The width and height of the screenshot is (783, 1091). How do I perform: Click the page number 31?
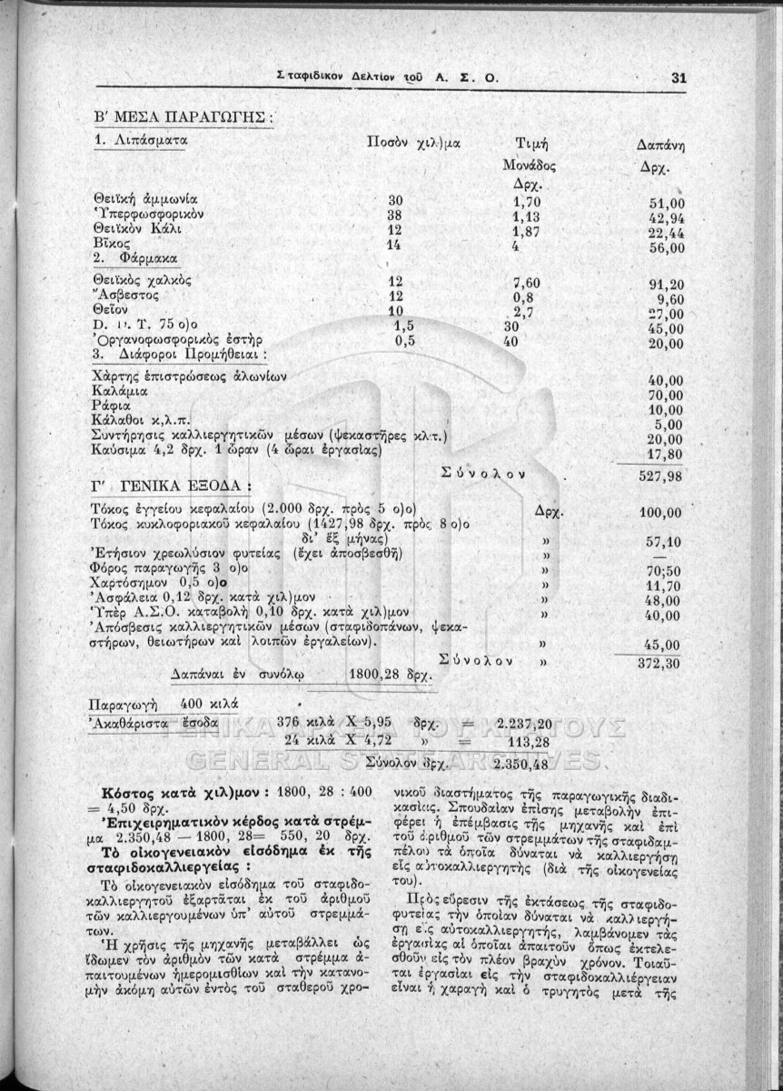[x=678, y=77]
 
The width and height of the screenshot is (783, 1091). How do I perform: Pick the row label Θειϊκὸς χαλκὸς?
[x=143, y=280]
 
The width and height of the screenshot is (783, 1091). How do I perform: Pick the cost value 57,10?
[x=668, y=543]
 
